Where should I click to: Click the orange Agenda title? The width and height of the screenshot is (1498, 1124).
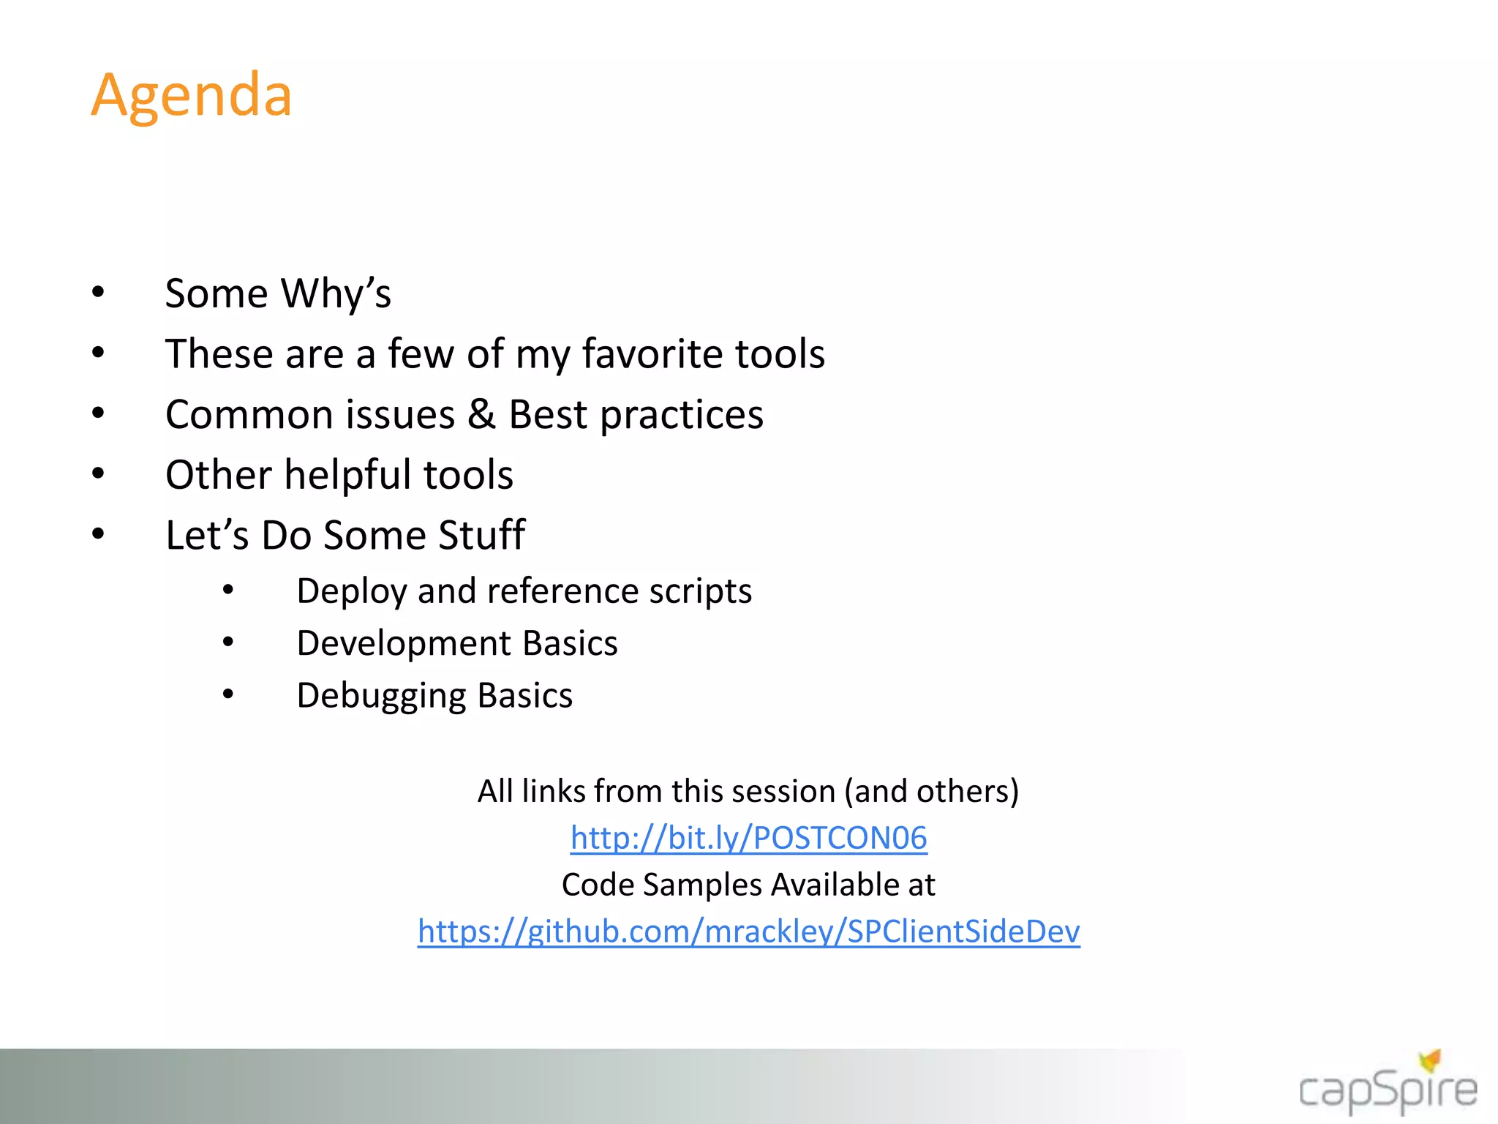point(192,96)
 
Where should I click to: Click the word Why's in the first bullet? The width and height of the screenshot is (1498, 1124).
point(336,293)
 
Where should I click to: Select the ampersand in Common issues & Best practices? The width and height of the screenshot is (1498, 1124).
point(481,414)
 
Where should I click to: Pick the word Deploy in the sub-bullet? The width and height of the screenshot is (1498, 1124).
point(351,591)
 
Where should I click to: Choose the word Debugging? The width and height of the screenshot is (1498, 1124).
point(381,696)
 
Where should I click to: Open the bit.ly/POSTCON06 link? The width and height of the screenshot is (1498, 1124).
point(748,838)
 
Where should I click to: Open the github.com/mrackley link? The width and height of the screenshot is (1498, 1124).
point(748,932)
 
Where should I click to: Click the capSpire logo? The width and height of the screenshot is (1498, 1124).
point(1388,1090)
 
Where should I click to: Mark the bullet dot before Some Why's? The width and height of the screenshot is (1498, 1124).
point(99,293)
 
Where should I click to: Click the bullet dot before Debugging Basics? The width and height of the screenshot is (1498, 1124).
point(228,694)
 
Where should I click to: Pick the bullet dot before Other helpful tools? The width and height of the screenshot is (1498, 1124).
point(99,473)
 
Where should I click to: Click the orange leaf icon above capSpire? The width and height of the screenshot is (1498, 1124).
point(1431,1060)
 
